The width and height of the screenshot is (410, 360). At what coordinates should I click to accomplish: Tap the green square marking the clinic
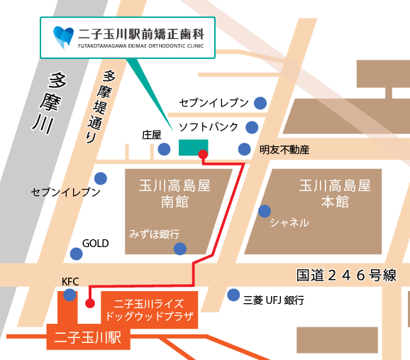coord(189,147)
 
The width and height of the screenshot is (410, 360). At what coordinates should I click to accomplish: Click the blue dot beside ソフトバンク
coord(252,127)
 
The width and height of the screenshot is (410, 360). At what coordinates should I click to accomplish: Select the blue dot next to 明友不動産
coord(244,149)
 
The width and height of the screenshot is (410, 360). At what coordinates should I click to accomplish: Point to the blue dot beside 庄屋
coord(164,148)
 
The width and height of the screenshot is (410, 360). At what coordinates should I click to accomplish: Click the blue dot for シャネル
coord(265,211)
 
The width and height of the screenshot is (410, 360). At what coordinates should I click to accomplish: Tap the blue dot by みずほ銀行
coord(180,249)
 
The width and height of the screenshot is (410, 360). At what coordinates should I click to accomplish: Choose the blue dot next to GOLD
coord(76,253)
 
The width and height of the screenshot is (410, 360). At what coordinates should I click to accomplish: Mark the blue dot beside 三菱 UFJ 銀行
coord(233,295)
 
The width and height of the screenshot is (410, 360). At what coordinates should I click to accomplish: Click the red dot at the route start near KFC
coord(89,303)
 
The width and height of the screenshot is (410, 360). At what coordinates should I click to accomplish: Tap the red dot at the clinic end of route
coord(203,154)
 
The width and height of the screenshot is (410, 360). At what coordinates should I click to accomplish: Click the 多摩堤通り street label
coord(100,107)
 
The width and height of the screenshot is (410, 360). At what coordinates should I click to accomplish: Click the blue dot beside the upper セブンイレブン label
coord(260,102)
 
